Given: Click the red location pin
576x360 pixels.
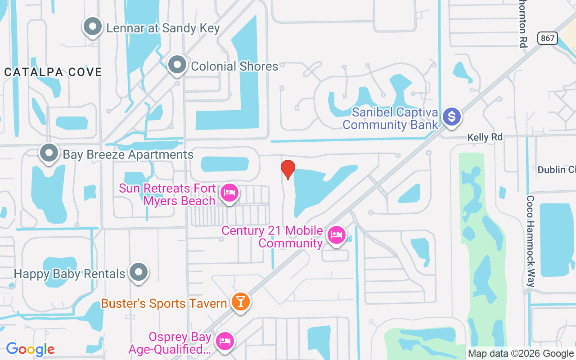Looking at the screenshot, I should pyautogui.click(x=288, y=169).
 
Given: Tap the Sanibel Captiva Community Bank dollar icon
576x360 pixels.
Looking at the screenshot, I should pyautogui.click(x=451, y=117).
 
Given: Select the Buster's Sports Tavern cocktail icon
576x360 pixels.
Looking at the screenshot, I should pyautogui.click(x=240, y=301).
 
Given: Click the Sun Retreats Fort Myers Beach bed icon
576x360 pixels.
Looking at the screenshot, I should pyautogui.click(x=229, y=193).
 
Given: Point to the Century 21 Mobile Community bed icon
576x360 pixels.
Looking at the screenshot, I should pyautogui.click(x=336, y=235).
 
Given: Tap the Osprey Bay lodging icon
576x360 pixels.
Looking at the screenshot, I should pyautogui.click(x=224, y=341).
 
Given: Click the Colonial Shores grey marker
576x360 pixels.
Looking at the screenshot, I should pyautogui.click(x=177, y=65).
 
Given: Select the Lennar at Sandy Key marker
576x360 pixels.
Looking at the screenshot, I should pyautogui.click(x=93, y=27).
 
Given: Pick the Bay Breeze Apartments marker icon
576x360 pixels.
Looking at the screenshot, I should pyautogui.click(x=49, y=153).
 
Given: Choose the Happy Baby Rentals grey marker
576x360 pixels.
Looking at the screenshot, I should pyautogui.click(x=138, y=272).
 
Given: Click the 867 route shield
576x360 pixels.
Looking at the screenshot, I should pyautogui.click(x=548, y=38).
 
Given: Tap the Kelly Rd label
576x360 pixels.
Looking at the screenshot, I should pyautogui.click(x=485, y=137).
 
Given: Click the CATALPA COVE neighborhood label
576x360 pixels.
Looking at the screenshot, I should pyautogui.click(x=53, y=72).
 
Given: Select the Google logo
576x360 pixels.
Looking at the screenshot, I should pyautogui.click(x=30, y=349).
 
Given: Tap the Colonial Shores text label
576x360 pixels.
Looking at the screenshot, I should pyautogui.click(x=234, y=66).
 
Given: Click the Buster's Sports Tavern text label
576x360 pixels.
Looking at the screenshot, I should pyautogui.click(x=164, y=304).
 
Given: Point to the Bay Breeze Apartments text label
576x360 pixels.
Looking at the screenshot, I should pyautogui.click(x=128, y=155).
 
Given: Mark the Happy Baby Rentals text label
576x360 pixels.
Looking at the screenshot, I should pyautogui.click(x=69, y=274).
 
